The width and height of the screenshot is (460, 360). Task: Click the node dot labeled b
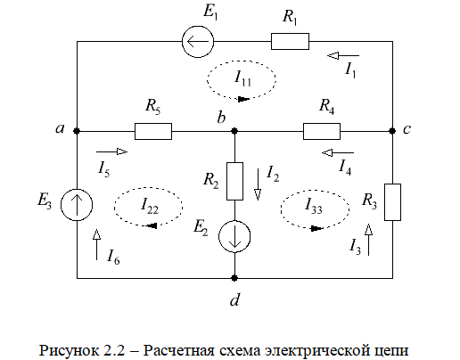pyautogui.click(x=234, y=131)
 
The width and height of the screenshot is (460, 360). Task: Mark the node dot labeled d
pyautogui.click(x=234, y=278)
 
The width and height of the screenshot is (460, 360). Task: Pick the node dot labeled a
pyautogui.click(x=77, y=131)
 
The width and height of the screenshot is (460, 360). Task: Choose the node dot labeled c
pyautogui.click(x=392, y=131)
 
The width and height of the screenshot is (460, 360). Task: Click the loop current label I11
pyautogui.click(x=242, y=78)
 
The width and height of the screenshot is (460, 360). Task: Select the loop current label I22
pyautogui.click(x=150, y=206)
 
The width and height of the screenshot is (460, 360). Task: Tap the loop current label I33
pyautogui.click(x=314, y=206)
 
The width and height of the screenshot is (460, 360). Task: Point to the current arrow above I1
pyautogui.click(x=343, y=55)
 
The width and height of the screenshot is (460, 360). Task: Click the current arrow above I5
pyautogui.click(x=111, y=151)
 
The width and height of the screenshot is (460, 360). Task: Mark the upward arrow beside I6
pyautogui.click(x=96, y=244)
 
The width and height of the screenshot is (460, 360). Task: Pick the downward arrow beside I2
pyautogui.click(x=258, y=184)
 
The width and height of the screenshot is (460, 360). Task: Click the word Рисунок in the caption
pyautogui.click(x=70, y=350)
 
